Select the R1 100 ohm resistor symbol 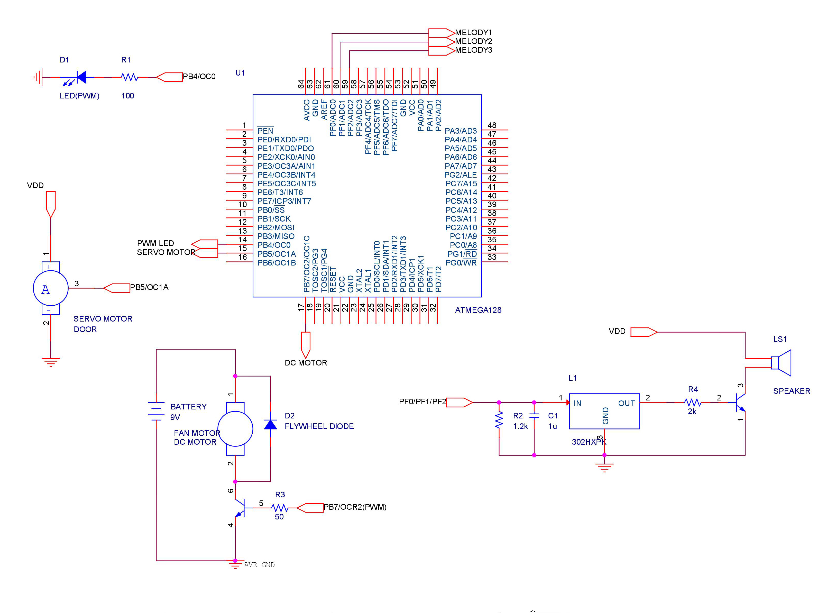pyautogui.click(x=130, y=77)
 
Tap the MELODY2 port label pyautogui.click(x=473, y=41)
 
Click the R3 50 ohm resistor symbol pyautogui.click(x=279, y=508)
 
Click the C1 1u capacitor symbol pyautogui.click(x=534, y=416)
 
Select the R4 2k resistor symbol pyautogui.click(x=692, y=402)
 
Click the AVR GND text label pyautogui.click(x=259, y=565)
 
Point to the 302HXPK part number pyautogui.click(x=589, y=442)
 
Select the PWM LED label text pyautogui.click(x=155, y=243)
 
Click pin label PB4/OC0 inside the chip pyautogui.click(x=274, y=245)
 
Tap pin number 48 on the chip pyautogui.click(x=492, y=125)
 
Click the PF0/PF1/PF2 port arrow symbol pyautogui.click(x=459, y=402)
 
